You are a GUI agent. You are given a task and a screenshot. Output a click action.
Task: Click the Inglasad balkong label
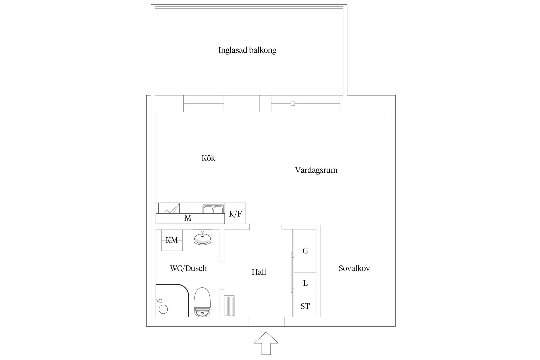click(x=247, y=50)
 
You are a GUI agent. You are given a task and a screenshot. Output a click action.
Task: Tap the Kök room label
click(x=208, y=158)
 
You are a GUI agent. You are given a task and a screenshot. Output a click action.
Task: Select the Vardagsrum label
click(x=316, y=170)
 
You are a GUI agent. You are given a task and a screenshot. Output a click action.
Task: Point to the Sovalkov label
click(x=354, y=268)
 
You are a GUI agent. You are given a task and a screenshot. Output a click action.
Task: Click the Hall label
click(x=259, y=272)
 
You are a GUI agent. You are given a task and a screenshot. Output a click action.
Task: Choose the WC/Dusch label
click(x=188, y=268)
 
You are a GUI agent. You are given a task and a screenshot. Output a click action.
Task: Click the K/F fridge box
click(x=235, y=214)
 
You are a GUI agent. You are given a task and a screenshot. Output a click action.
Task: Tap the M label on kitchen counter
click(x=188, y=218)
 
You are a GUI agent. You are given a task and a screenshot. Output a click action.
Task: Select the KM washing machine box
click(x=172, y=240)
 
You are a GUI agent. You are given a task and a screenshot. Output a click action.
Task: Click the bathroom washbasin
click(x=202, y=238)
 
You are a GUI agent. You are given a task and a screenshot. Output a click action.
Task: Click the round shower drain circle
click(x=163, y=309)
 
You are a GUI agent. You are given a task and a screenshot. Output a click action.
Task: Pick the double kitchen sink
click(x=213, y=210)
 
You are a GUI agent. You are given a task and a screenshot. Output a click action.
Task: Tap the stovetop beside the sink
click(x=169, y=208)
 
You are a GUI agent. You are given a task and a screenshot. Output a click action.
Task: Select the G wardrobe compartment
click(x=305, y=251)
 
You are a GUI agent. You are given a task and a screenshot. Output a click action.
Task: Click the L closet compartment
click(x=305, y=283)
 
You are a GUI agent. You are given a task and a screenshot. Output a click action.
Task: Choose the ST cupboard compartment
click(x=305, y=306)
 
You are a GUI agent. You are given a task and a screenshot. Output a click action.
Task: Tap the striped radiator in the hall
click(x=229, y=306)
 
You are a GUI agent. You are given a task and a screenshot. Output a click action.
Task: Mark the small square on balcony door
click(x=293, y=104)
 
